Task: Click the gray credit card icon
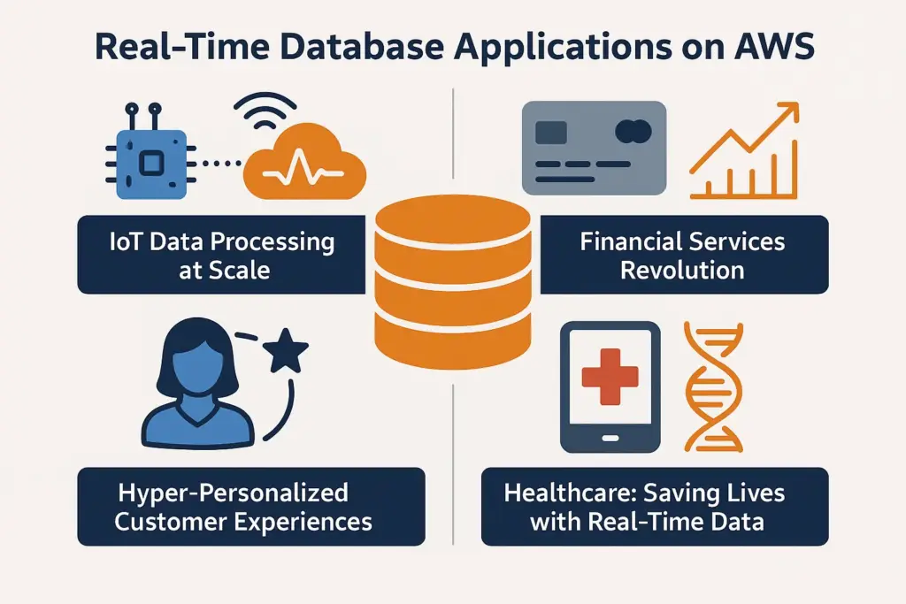click(x=594, y=147)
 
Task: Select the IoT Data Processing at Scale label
click(x=221, y=254)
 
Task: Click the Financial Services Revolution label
click(x=684, y=254)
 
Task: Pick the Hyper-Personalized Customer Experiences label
click(x=251, y=507)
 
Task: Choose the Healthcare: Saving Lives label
click(x=655, y=507)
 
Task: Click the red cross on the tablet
click(x=610, y=377)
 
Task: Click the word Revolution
click(x=682, y=269)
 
